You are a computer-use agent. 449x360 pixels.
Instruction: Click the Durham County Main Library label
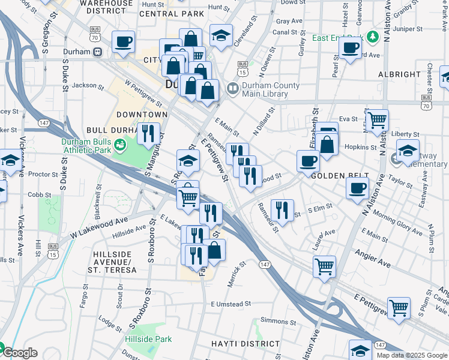coord(270,89)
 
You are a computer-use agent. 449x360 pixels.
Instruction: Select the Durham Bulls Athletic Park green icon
coord(120,144)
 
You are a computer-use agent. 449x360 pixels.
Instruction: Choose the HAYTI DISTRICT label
coord(246,344)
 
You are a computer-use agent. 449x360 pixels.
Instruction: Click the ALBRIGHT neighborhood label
coord(399,74)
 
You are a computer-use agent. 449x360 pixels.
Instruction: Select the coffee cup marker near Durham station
coord(124,42)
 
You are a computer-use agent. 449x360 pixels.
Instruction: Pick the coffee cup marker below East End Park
coord(350,48)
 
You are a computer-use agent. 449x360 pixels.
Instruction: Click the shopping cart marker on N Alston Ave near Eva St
coord(377,121)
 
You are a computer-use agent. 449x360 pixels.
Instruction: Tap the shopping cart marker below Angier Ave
coord(325,266)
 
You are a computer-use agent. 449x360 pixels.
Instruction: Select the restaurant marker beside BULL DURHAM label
coord(148,134)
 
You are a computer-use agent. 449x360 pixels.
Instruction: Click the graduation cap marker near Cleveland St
coord(221,35)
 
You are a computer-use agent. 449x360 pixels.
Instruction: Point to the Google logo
coord(20,353)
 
